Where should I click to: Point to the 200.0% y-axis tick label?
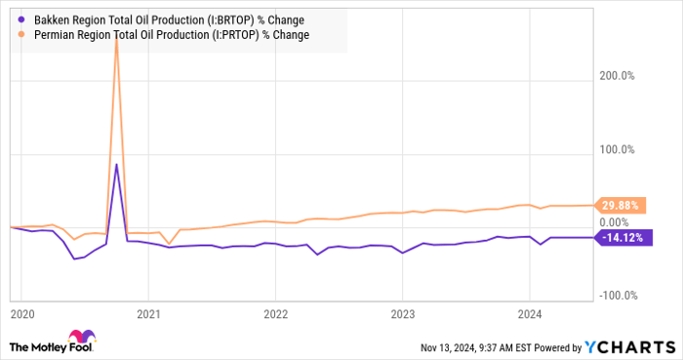pos(617,75)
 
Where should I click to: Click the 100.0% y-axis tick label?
pos(617,150)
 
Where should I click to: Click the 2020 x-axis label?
pos(21,314)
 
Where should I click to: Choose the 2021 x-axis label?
pos(148,314)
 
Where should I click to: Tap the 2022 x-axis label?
pos(275,314)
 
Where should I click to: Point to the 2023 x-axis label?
pos(402,314)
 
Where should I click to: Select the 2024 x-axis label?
pos(529,314)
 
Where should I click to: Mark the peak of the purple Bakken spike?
pos(117,164)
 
